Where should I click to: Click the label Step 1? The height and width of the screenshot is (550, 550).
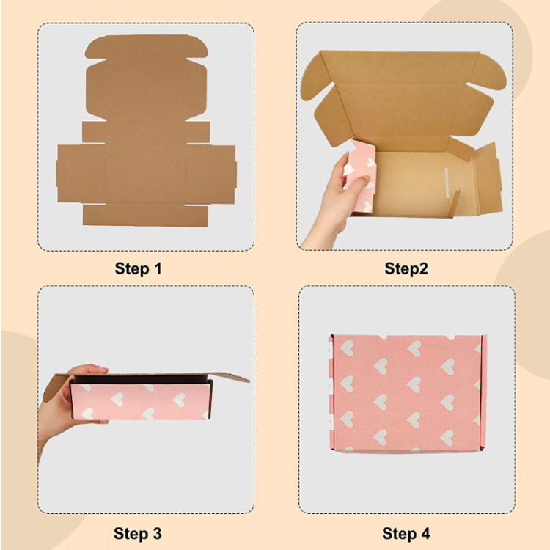[138, 268]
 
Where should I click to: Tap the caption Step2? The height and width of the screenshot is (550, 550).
[406, 268]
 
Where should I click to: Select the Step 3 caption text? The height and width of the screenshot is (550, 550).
[138, 532]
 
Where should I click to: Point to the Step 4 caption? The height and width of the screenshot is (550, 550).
[406, 532]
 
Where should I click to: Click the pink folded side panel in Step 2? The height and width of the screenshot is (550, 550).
[363, 176]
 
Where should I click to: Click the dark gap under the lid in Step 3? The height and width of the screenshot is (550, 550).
[139, 381]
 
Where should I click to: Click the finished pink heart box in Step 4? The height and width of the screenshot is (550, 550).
[406, 392]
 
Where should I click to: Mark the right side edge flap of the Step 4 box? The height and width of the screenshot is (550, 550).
[481, 392]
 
